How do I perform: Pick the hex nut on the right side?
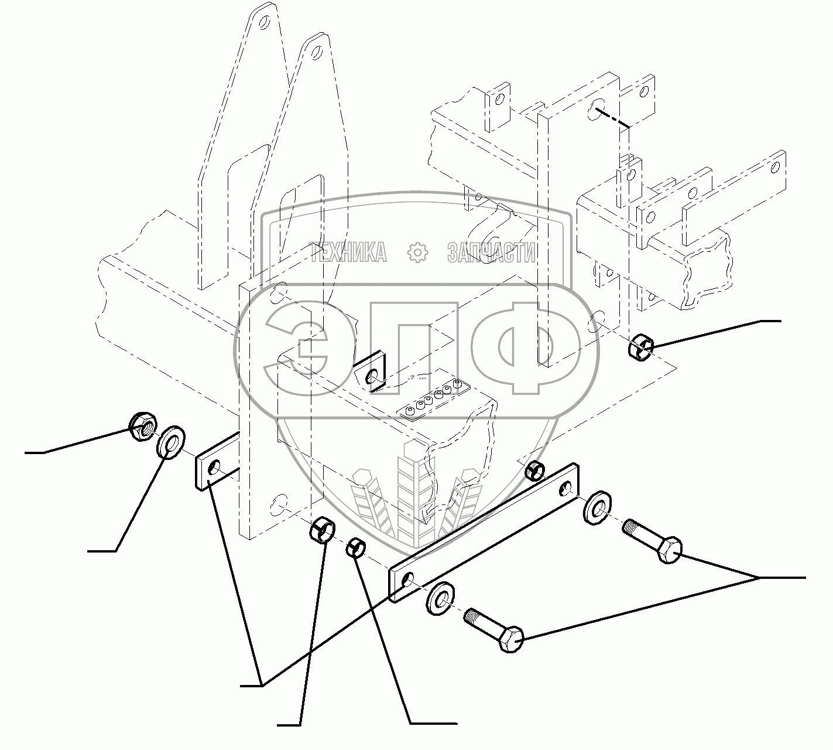(640, 346)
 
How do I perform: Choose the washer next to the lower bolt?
(442, 598)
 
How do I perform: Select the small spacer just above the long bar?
(534, 469)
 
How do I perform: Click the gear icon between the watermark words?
(417, 253)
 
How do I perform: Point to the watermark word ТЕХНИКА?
(349, 253)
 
